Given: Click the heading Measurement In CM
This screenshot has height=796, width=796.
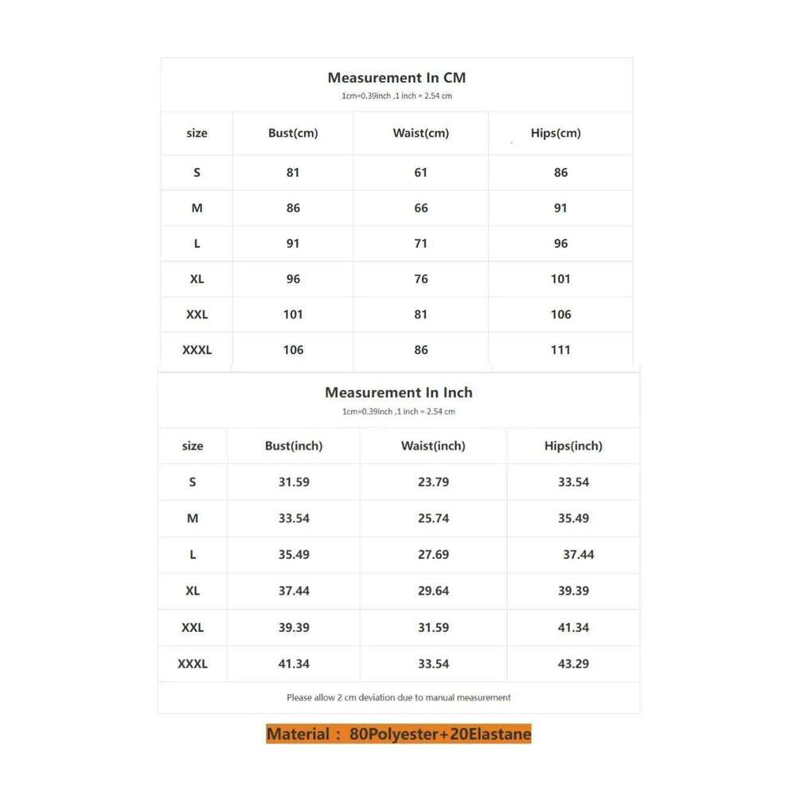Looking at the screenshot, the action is point(396,78).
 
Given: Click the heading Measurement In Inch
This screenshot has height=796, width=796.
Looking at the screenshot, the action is point(398,392).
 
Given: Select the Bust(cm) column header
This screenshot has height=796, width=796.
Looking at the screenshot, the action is point(293,133).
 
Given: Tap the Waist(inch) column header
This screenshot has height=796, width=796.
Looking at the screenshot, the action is point(433,446).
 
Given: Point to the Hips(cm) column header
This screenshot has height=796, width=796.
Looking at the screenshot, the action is point(556,133).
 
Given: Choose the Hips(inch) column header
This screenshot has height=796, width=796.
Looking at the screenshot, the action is point(573,446).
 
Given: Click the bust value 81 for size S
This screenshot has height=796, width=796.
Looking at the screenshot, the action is point(293,172).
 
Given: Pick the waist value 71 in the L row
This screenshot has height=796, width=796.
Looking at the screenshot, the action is point(421,244).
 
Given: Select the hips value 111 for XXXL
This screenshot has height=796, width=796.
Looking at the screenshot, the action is point(560,349).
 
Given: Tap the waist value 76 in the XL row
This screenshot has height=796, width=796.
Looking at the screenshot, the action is point(421,279).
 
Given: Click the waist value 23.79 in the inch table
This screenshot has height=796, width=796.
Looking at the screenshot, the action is point(433,482).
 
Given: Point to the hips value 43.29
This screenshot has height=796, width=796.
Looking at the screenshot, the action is point(573,663).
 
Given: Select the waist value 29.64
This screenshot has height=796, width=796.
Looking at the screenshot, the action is point(433,591).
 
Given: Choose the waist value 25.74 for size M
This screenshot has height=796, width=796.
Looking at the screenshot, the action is point(433,518).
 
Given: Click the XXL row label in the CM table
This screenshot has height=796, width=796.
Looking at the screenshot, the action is point(197,314).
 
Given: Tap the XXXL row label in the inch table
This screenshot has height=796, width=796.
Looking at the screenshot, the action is point(193,663).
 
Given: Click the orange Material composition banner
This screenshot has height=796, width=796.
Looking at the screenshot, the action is point(398,734).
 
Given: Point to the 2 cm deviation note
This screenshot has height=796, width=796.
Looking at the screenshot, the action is point(398,697).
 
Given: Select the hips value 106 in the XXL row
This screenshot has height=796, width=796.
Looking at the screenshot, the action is point(560,314).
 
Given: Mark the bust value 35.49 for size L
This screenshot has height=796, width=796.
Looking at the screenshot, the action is point(294,554).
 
